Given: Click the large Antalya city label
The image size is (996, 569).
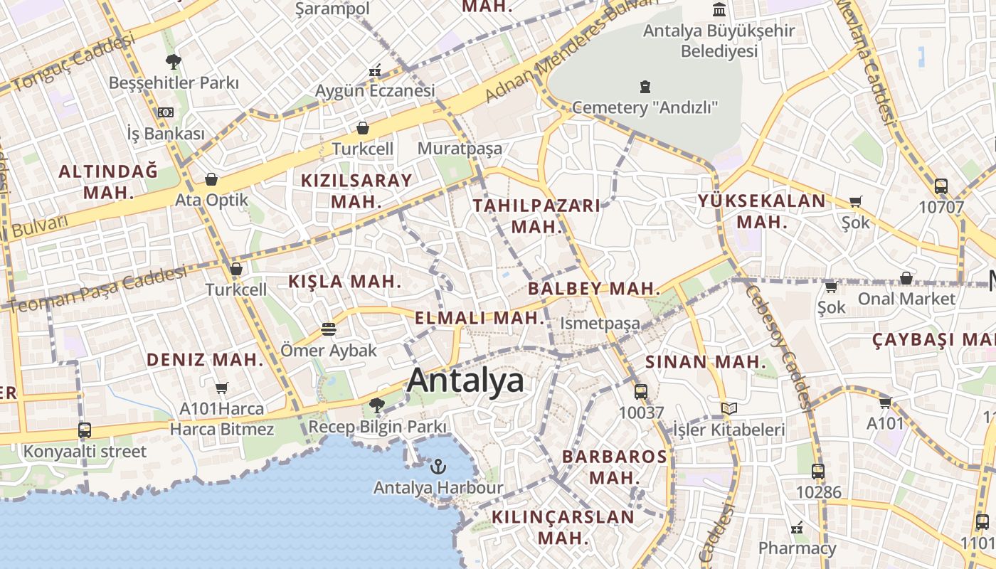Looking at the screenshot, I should coord(466,381).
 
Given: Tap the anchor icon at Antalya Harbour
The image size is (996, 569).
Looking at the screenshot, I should coord(438,467).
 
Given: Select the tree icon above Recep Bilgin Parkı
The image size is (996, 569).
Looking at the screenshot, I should coord(377,405).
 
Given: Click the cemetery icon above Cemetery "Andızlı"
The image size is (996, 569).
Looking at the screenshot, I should coord(645,87).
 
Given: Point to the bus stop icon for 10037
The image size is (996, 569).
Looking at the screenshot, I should coord(641,391).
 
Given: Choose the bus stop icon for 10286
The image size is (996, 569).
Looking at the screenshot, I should coord(818,471).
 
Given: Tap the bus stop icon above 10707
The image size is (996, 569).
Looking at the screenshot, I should coord(941,186).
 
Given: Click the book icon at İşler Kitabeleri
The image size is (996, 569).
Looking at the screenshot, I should coord(729,408).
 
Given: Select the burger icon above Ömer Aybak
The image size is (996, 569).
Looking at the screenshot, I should coord(328,329).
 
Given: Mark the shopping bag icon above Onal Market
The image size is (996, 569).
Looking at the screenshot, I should coord(906,277).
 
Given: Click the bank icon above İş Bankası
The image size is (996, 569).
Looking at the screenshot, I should coord(166,112).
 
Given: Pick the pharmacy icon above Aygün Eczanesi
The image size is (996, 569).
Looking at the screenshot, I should coord(375,70).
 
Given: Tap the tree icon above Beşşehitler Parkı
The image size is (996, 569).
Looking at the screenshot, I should coord(173,61).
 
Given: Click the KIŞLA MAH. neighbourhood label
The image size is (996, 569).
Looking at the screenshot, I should coord(345,282).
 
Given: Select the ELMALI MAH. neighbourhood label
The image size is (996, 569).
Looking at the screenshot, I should coord(480,318).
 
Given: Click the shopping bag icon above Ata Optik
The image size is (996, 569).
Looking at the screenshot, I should coord(211,179).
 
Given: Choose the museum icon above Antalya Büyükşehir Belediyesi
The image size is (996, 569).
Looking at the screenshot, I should coord(719,10).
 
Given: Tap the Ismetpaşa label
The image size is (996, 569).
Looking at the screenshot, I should coord(600,324).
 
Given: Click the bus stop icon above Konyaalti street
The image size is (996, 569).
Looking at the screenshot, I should coord(85,430).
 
